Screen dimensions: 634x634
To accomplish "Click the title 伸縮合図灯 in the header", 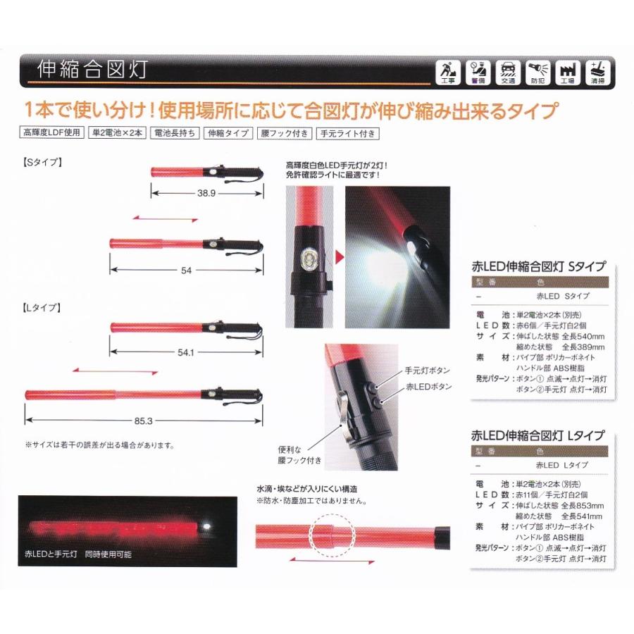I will click(x=92, y=71).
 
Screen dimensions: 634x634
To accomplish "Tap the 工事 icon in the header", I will click(x=448, y=73).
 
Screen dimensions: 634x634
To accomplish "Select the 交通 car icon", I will click(x=507, y=73).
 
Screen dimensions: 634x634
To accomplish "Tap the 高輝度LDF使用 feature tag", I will click(x=52, y=132).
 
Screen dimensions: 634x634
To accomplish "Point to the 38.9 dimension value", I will click(x=206, y=192).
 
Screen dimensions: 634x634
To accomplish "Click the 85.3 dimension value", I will click(x=143, y=421).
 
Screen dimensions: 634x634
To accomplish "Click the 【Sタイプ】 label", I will click(x=44, y=161).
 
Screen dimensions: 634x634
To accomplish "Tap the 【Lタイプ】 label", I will click(x=44, y=308).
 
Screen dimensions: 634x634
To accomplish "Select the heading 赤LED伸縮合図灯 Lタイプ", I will click(x=539, y=435).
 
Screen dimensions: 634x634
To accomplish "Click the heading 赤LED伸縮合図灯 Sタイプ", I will click(x=539, y=266).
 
